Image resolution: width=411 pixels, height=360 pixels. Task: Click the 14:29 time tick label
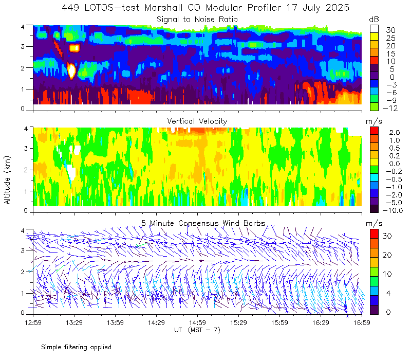(156, 322)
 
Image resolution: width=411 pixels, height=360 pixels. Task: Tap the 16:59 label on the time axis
(362, 322)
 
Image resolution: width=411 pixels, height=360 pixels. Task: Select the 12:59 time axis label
(33, 322)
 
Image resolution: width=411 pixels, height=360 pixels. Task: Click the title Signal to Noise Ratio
(197, 20)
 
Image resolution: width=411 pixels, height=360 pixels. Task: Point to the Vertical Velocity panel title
(197, 121)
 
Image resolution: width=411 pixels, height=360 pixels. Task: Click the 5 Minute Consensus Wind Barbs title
(203, 223)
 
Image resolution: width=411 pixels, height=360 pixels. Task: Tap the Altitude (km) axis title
(7, 180)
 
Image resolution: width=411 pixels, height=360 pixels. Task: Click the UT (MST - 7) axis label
(197, 330)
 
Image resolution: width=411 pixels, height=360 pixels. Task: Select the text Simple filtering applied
(76, 347)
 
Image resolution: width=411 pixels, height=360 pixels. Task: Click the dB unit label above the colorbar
(374, 20)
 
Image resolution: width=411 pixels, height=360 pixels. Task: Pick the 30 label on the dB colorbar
(390, 30)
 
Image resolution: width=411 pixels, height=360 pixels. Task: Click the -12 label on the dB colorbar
(390, 108)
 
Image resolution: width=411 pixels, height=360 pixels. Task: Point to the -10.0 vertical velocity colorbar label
(393, 210)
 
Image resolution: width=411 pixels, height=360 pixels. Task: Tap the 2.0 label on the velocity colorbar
(395, 133)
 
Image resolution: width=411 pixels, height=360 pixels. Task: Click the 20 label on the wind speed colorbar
(387, 255)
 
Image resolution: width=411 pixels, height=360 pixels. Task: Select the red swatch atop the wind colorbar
(374, 233)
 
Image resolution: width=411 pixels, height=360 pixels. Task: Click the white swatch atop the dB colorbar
(374, 29)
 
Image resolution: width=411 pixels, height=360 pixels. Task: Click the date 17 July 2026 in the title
(317, 8)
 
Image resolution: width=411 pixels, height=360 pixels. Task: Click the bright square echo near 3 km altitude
(74, 48)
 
